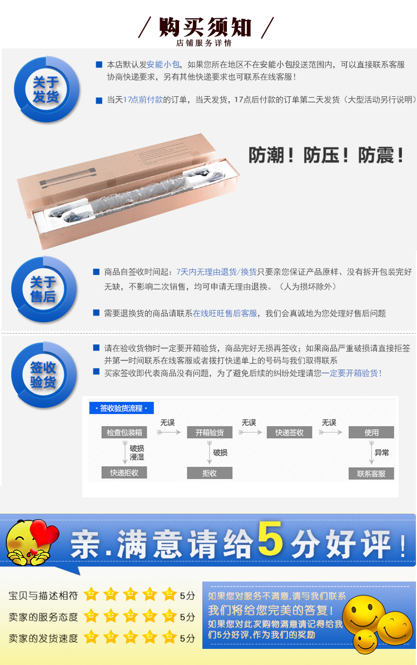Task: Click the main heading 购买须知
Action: coord(206,27)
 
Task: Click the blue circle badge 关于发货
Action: coord(46,90)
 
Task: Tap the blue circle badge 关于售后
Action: coord(44,289)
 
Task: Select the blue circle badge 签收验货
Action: coord(44,375)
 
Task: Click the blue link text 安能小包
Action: coord(163,65)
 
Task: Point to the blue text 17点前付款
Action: coord(143,100)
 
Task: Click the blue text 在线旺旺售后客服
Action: coord(225,313)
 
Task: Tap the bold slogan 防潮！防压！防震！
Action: coord(325,155)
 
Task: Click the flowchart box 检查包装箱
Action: coord(124,432)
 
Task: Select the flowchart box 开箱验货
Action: coord(210,432)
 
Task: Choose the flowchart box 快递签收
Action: coord(290,432)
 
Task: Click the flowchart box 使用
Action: coord(371,432)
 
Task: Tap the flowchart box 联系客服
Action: coord(371,474)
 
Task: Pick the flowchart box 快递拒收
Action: coord(124,472)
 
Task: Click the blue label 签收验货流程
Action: coord(121,408)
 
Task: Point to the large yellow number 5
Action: coord(270,539)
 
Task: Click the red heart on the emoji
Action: coord(45,534)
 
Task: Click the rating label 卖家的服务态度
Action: coord(43,617)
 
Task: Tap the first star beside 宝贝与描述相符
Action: coord(91,594)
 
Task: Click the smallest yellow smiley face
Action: coord(365,641)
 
